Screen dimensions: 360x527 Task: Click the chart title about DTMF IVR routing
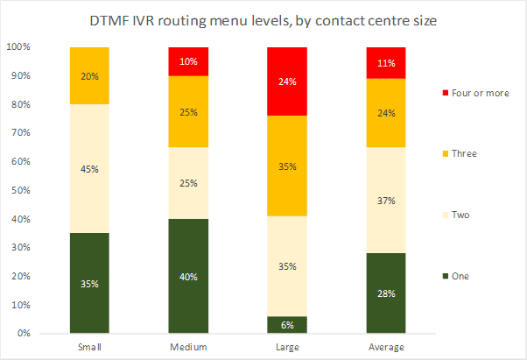[x=263, y=20]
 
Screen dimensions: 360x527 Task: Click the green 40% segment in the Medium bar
[x=189, y=276]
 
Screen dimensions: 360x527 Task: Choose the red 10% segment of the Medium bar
[x=189, y=61]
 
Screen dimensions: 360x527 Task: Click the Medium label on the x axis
[x=189, y=347]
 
